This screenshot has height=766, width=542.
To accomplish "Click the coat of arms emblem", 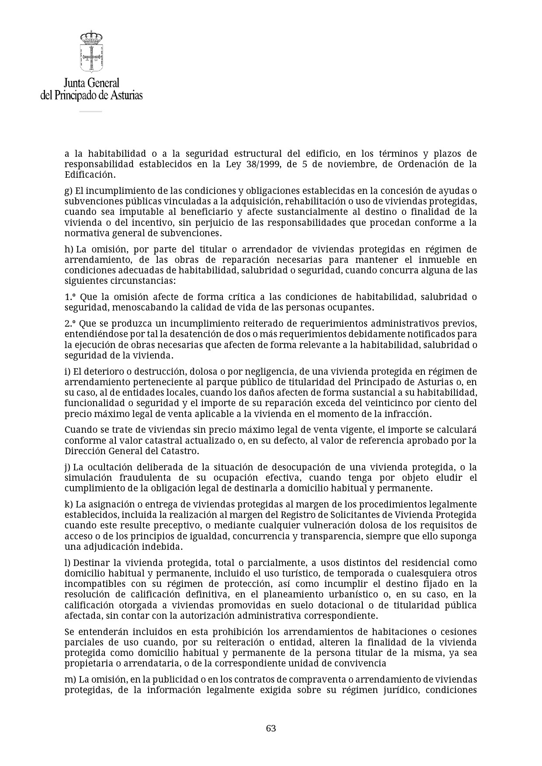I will [x=91, y=52].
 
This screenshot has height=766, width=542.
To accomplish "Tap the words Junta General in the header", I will [x=91, y=83].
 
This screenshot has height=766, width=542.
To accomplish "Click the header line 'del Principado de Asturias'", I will [x=91, y=95].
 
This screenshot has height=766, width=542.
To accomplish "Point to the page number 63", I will [x=271, y=728].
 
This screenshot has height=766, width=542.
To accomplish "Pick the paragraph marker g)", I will [x=68, y=191].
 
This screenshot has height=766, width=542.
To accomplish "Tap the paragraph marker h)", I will [x=69, y=249].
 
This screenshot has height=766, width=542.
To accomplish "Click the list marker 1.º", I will [x=70, y=297].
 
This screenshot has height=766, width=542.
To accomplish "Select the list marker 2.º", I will [x=70, y=324].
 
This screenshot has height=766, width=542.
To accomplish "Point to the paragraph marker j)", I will [x=67, y=467].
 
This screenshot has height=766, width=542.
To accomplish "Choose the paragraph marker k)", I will [x=69, y=504].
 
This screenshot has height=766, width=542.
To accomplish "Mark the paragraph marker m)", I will [x=70, y=680].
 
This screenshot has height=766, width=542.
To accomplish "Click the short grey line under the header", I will [x=90, y=111].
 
